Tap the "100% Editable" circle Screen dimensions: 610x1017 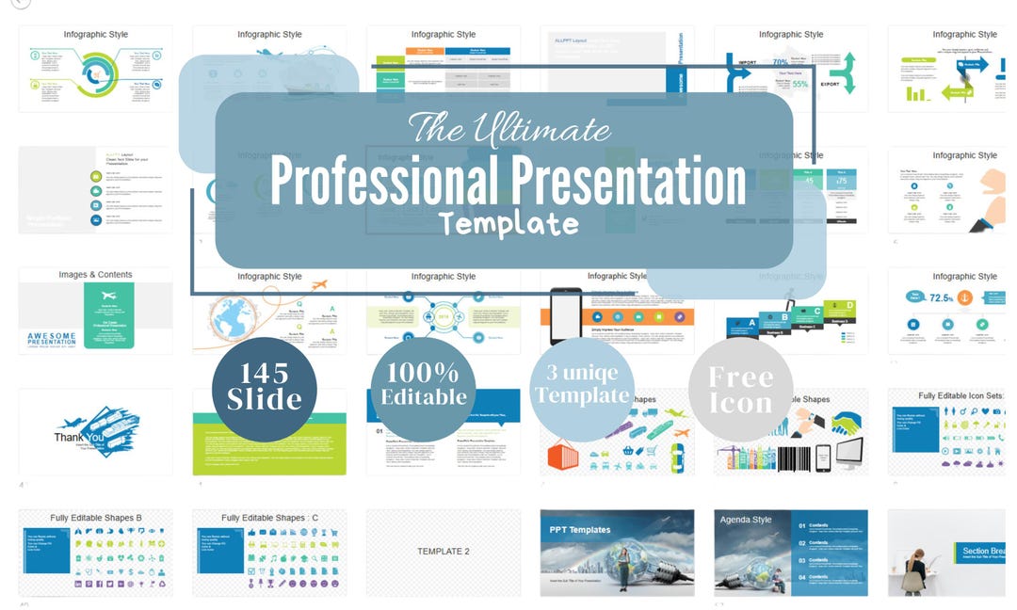tap(423, 387)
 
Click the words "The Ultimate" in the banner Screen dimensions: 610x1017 tap(509, 127)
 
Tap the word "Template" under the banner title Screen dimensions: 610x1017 tap(508, 224)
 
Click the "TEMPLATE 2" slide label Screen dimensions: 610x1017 tap(443, 551)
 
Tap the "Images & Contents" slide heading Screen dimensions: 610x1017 tap(95, 275)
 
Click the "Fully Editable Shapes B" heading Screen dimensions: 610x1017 tap(95, 518)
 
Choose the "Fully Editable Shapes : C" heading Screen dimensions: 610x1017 tap(269, 518)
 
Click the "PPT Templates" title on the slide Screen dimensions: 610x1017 tap(581, 530)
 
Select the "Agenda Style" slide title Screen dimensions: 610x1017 tap(746, 519)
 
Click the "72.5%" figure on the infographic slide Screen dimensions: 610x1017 tap(943, 297)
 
